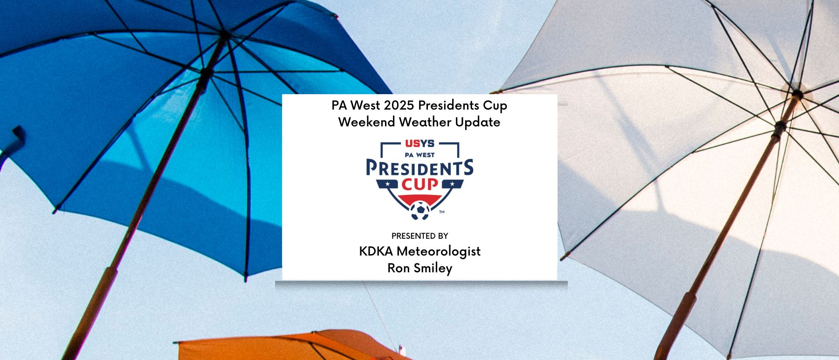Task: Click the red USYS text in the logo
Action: (x=419, y=143)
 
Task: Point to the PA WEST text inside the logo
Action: (x=419, y=155)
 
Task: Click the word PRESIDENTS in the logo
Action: (x=419, y=167)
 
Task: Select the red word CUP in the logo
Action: (x=420, y=184)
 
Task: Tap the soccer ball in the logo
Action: (x=420, y=210)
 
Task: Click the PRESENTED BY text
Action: (x=419, y=236)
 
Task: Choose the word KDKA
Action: (x=376, y=251)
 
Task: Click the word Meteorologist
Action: (x=439, y=252)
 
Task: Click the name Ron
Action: (x=397, y=268)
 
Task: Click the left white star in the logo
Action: (x=387, y=184)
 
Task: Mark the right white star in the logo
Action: (x=452, y=184)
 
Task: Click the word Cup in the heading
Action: (x=495, y=106)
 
